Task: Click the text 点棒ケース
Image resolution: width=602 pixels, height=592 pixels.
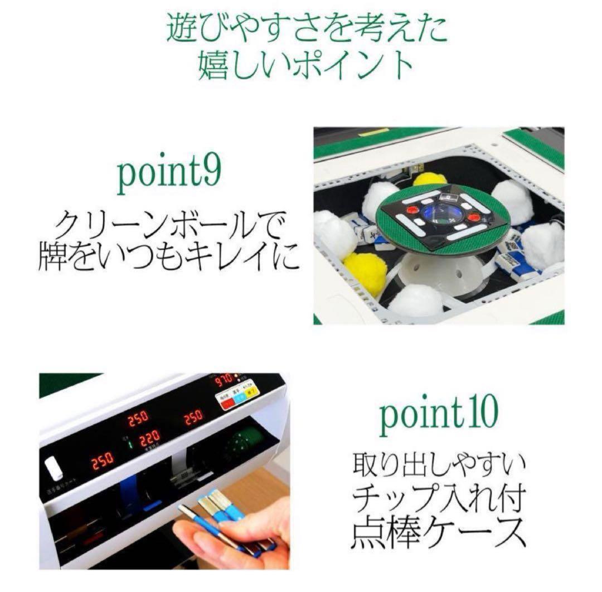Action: coord(439,532)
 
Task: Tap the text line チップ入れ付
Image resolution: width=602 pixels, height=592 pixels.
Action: coord(439,497)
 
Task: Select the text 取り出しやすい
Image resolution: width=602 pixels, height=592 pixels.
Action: coord(439,463)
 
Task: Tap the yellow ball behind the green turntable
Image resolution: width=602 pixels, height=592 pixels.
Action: coord(430,179)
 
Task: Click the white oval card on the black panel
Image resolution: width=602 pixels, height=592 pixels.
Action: coord(54,467)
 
